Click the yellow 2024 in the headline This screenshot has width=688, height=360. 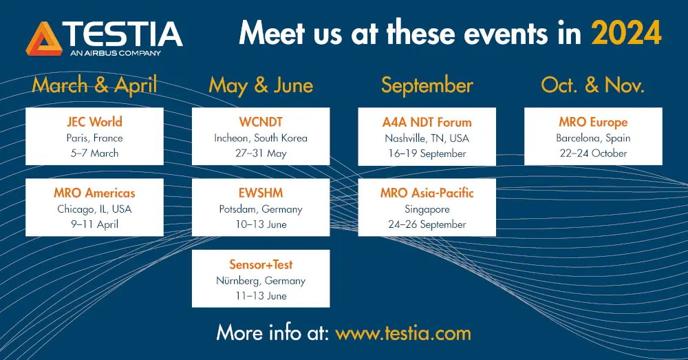(626, 33)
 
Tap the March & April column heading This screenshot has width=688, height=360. (94, 85)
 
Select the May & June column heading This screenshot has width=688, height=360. (261, 85)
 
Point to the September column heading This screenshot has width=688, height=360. (427, 85)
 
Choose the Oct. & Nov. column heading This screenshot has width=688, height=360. (593, 85)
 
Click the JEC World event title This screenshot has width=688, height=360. (94, 122)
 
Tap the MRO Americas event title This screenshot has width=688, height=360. (94, 193)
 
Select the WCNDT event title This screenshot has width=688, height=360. (261, 122)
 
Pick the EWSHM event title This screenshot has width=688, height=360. (261, 193)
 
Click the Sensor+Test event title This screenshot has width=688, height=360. (261, 264)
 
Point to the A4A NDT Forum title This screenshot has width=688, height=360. (427, 122)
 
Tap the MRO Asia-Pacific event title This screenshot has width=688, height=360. (427, 193)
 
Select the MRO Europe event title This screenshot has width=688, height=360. (593, 122)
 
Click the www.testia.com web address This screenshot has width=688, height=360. (403, 333)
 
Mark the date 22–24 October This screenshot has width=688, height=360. (593, 153)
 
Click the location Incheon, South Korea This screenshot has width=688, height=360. (261, 138)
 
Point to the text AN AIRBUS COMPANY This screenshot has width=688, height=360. (116, 53)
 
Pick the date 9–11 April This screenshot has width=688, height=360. (94, 224)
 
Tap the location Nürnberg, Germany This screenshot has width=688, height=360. (261, 281)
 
